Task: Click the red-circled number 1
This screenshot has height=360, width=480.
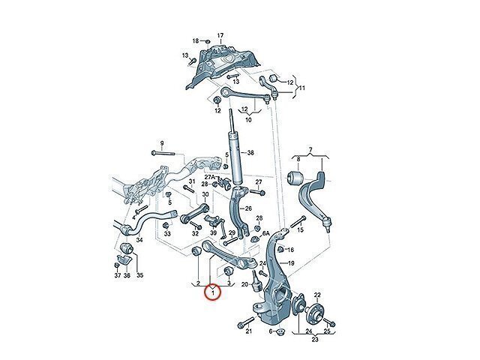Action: (x=213, y=293)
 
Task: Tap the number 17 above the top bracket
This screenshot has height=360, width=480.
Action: (x=220, y=35)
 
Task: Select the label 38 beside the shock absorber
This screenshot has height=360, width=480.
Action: (x=250, y=153)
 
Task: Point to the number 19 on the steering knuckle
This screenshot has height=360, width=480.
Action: (x=291, y=263)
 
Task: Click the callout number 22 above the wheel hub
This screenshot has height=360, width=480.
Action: (x=317, y=295)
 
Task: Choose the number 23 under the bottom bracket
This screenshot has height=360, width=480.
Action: (x=315, y=339)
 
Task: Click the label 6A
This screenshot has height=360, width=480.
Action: (x=265, y=233)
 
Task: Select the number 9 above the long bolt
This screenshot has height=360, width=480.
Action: (x=162, y=143)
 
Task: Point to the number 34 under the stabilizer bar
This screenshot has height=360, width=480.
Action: (x=139, y=240)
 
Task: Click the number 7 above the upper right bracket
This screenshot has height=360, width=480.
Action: (x=310, y=150)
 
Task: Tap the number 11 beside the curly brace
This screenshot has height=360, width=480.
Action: (x=301, y=88)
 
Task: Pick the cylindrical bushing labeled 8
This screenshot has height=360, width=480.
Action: (x=295, y=178)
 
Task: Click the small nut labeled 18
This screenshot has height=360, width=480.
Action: (x=207, y=41)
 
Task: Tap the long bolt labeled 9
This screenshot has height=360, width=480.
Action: (x=163, y=153)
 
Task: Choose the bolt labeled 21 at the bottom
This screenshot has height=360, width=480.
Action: (x=246, y=322)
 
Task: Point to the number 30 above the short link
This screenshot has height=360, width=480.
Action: (x=205, y=194)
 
